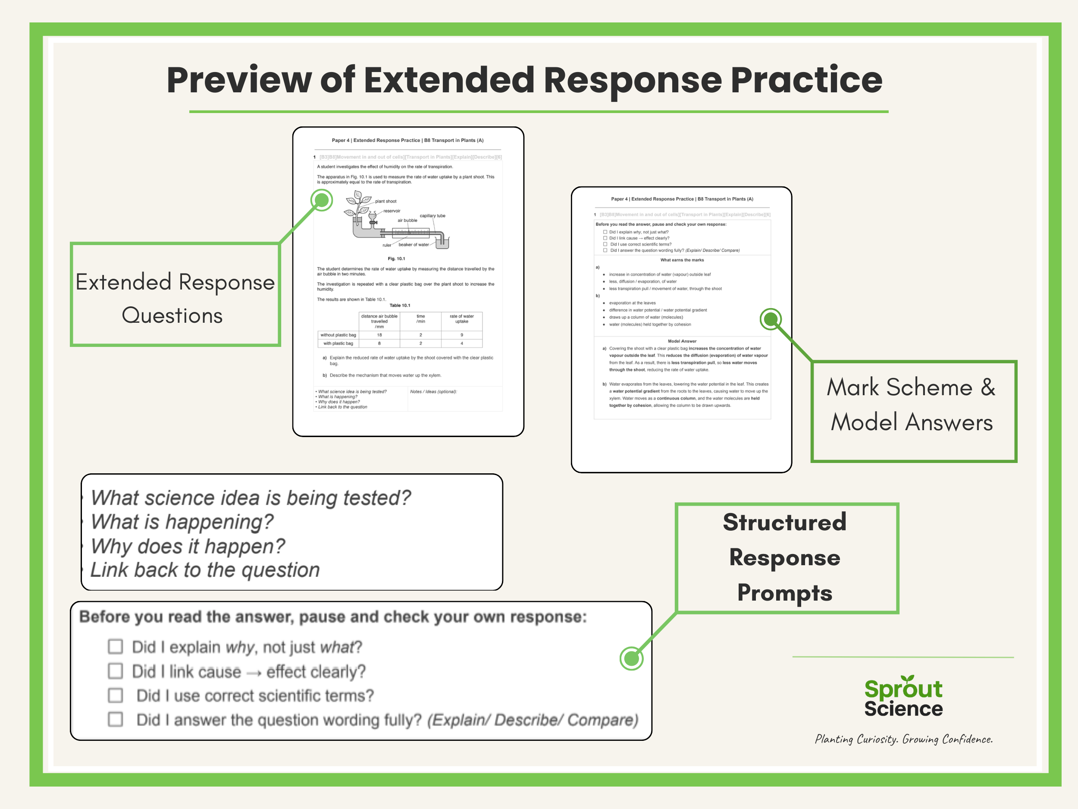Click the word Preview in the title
239,80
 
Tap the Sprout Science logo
903,697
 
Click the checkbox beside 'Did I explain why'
116,647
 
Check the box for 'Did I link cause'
116,671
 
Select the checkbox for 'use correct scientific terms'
116,695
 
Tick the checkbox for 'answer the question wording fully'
116,719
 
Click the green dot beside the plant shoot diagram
322,200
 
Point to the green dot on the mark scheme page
771,319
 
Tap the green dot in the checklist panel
631,659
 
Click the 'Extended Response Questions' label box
175,295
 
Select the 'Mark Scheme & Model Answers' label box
913,411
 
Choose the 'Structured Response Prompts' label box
786,558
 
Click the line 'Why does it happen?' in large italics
188,546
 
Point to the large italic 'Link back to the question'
205,570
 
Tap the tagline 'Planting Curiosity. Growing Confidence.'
903,739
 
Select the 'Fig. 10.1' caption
396,258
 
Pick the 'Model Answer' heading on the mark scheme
682,341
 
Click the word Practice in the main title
806,80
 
